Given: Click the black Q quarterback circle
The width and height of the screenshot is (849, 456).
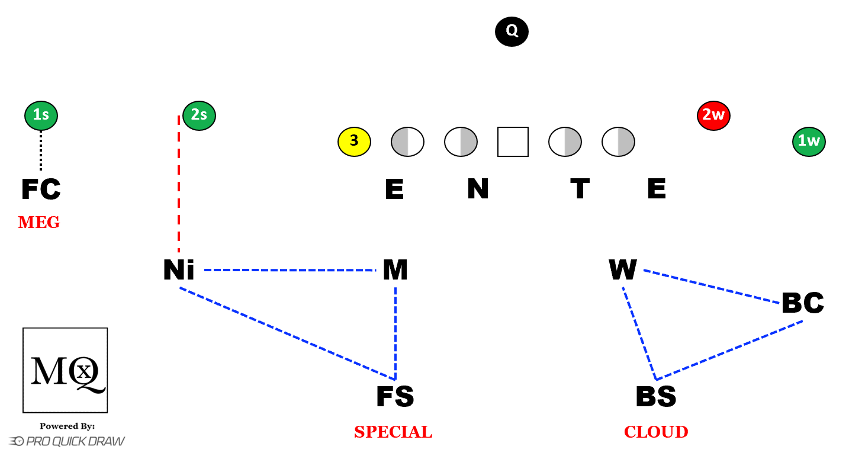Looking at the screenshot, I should (x=512, y=31).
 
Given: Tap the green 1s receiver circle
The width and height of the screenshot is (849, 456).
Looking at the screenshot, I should (x=41, y=115).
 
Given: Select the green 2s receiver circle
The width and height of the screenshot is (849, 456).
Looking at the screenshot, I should (x=199, y=115).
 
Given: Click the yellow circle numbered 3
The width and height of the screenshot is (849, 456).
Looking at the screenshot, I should (x=354, y=142).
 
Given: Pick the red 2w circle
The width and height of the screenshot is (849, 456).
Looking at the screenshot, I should (x=713, y=115).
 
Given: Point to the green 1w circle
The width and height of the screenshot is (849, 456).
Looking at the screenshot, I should (x=809, y=142).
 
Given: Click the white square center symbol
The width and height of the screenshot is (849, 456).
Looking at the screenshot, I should (x=513, y=142).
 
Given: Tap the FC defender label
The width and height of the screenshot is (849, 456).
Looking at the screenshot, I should (x=41, y=190).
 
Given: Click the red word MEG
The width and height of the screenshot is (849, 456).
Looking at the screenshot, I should (x=39, y=223).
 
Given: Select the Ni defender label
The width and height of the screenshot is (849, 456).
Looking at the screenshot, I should (x=179, y=270).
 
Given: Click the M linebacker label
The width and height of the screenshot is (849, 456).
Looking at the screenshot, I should (x=395, y=270).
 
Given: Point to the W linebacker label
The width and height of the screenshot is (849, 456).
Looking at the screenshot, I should (x=623, y=270).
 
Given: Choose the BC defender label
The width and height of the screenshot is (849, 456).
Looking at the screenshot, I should (x=803, y=303).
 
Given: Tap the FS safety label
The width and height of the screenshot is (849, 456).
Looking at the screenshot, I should (x=395, y=397).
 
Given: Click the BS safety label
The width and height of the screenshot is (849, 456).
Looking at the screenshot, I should (x=656, y=397).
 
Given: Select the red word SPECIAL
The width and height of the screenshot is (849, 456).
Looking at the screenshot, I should (x=393, y=432).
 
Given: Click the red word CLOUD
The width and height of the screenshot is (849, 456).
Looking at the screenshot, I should (x=656, y=432).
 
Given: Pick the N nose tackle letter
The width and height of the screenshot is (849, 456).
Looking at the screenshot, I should (x=478, y=190).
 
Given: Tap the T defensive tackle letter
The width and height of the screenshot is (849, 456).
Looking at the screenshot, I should (x=580, y=190).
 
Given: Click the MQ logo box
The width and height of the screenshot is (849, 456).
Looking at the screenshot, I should (x=65, y=370).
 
